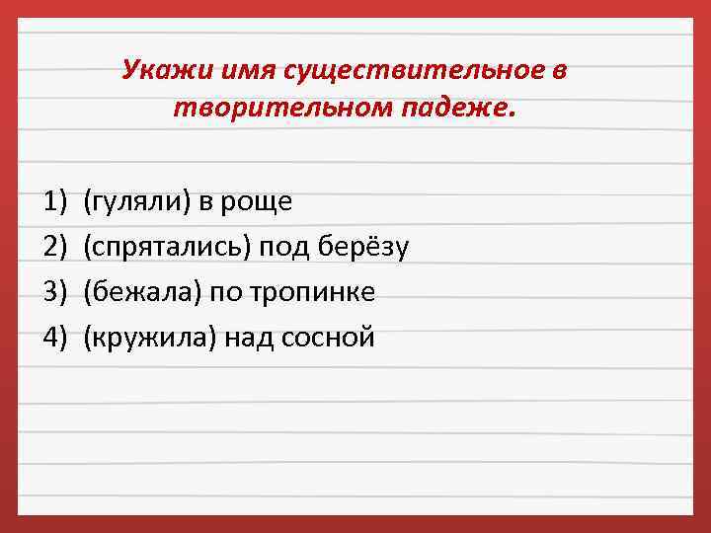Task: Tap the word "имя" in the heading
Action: click(x=229, y=70)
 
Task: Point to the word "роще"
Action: click(x=262, y=202)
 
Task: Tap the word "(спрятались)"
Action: click(x=168, y=247)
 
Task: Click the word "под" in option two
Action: click(x=284, y=247)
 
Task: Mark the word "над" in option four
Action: click(x=251, y=338)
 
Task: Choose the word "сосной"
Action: click(x=329, y=338)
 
